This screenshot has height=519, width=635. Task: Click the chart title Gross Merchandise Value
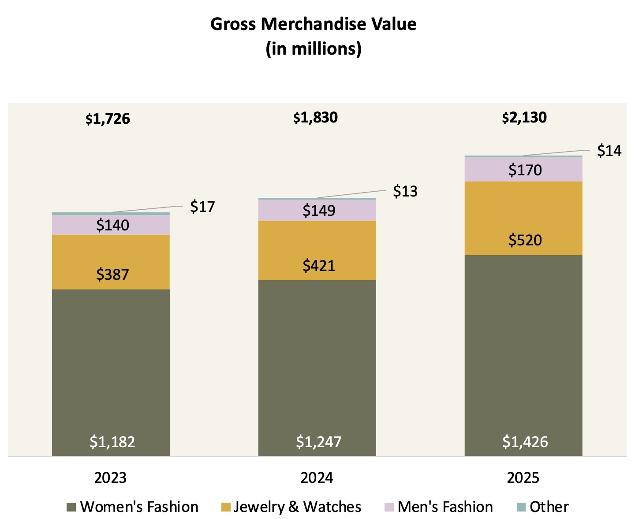(313, 24)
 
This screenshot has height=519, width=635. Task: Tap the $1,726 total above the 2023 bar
(108, 119)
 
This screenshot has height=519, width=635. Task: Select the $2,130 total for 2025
(524, 118)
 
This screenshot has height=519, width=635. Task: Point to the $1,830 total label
(315, 118)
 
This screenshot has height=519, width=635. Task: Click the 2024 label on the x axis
(317, 478)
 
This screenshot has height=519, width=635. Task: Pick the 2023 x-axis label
(110, 478)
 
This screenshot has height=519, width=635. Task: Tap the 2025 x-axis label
(523, 478)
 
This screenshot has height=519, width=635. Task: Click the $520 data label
(525, 240)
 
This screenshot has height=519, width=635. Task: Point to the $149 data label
(318, 211)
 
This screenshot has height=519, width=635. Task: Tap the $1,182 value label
(112, 441)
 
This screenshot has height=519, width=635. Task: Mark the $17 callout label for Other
(202, 207)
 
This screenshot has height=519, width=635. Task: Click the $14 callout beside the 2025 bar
(609, 151)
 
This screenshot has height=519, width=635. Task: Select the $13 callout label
(405, 191)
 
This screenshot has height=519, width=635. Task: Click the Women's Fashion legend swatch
(71, 507)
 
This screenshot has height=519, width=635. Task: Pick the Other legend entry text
(549, 507)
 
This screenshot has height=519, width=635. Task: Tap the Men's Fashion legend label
(445, 507)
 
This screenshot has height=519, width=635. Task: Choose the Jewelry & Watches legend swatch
(226, 507)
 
